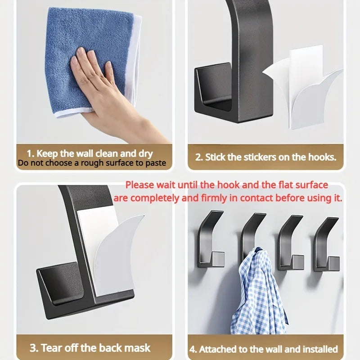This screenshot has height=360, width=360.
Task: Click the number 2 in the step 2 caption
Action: pyautogui.click(x=198, y=157)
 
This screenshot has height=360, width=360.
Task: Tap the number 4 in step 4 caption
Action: pyautogui.click(x=193, y=349)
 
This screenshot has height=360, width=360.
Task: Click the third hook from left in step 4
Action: pyautogui.click(x=288, y=243)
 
